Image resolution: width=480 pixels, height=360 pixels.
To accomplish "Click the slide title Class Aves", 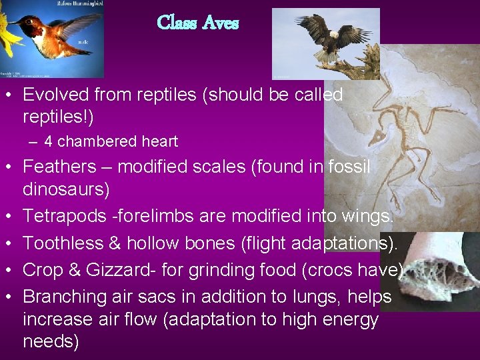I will tap(197, 23).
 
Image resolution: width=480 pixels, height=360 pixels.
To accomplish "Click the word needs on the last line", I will tap(51, 342).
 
